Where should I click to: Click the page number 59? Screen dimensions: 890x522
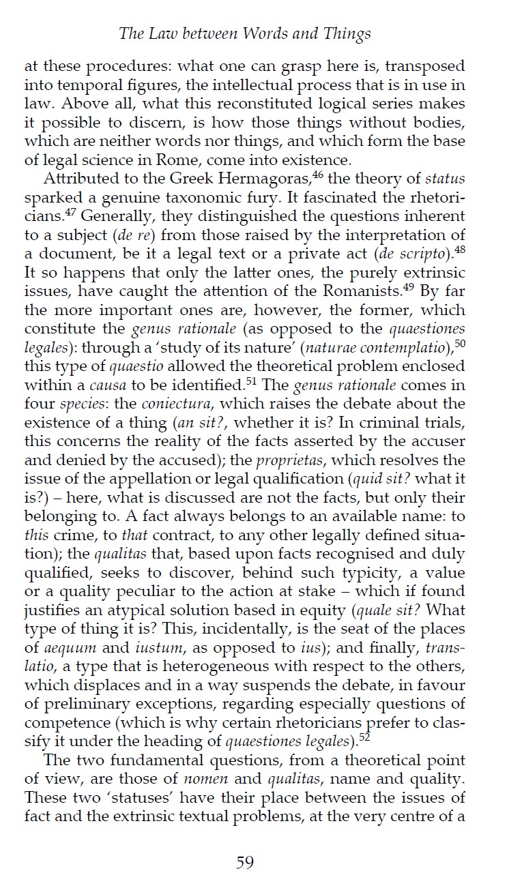click(x=245, y=863)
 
